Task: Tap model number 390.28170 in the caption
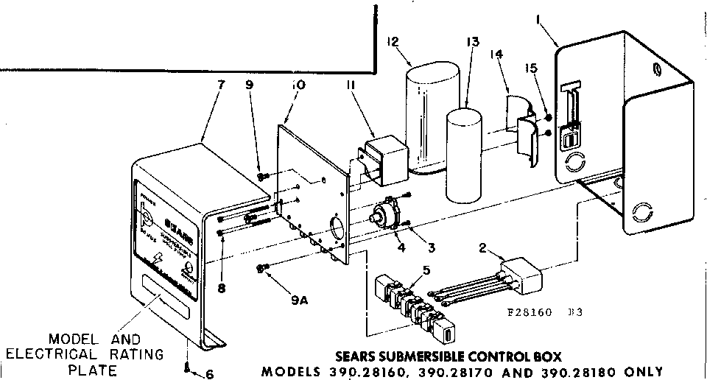click(x=476, y=371)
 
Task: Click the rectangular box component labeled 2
click(x=521, y=278)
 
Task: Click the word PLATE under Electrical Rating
click(x=88, y=370)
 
